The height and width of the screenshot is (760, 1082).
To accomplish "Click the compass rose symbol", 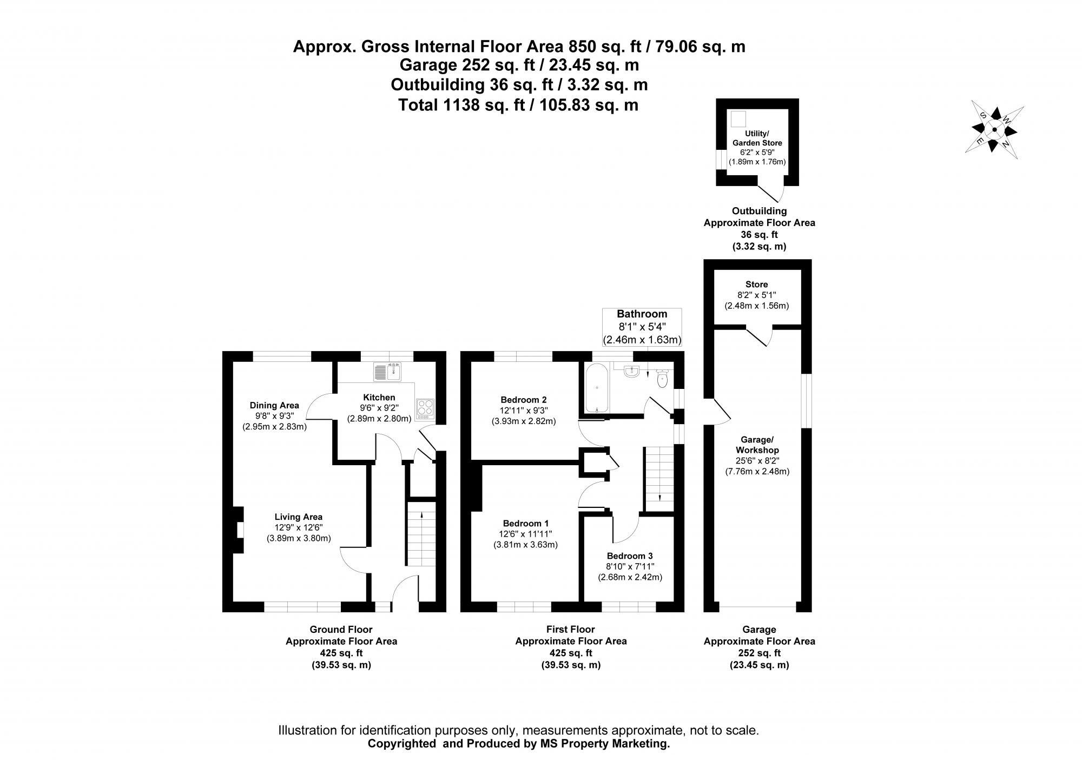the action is [994, 129].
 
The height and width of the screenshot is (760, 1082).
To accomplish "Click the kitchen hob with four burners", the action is [425, 408].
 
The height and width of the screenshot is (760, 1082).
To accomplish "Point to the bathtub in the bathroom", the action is [597, 388].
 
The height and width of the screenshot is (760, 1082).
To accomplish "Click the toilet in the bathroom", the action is [662, 378].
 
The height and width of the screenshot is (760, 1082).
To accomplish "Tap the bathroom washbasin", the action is [631, 371].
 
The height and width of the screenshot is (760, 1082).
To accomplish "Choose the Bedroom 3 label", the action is [630, 556].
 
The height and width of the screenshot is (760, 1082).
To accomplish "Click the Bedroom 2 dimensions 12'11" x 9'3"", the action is [523, 411].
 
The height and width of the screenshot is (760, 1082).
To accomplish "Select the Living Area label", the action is [298, 517].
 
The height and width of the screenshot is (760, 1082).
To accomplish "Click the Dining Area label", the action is [274, 405].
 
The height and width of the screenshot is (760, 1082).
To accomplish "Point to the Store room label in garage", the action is [756, 285].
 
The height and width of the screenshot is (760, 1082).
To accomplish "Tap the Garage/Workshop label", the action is [757, 445].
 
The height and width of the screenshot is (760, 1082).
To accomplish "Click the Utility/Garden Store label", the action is [757, 138].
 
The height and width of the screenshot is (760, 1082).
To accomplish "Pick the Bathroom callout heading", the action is [642, 314].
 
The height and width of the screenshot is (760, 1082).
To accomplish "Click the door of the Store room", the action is [759, 335].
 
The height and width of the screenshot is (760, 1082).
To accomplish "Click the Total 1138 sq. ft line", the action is [518, 105].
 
